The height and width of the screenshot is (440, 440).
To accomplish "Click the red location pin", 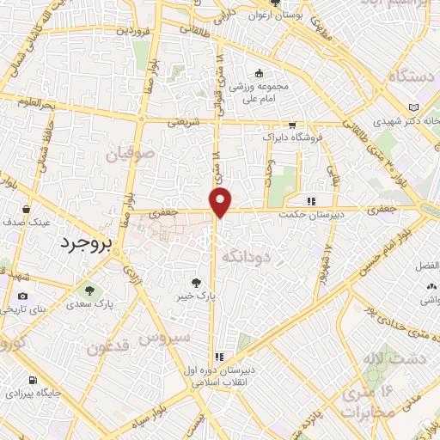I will coord(221,201).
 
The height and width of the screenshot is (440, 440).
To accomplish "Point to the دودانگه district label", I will coord(246,255).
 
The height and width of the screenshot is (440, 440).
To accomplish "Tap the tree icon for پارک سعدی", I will coord(87,290).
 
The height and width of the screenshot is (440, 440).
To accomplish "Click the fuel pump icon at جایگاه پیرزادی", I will coord(33,380).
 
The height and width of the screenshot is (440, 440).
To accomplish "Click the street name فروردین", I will coord(114,32).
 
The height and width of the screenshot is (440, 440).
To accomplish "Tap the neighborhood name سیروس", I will coord(168,338).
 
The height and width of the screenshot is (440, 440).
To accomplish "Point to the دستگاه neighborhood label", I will coord(414,76).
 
